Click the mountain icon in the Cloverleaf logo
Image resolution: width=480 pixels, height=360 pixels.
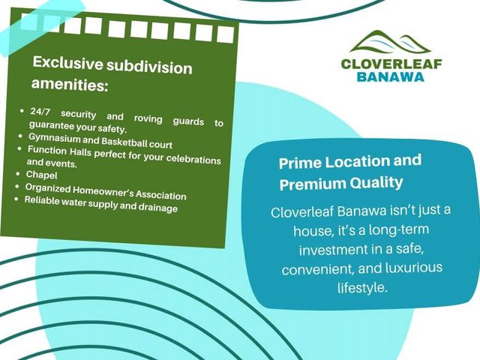click(390, 42)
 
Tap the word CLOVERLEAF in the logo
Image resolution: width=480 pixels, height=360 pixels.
click(391, 64)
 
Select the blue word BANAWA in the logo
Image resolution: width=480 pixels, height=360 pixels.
click(391, 76)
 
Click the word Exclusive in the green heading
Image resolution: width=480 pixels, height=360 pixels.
click(67, 63)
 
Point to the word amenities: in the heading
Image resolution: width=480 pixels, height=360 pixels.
click(70, 84)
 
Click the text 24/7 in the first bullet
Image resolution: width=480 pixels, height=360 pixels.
click(40, 112)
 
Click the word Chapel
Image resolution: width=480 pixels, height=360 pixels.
click(42, 175)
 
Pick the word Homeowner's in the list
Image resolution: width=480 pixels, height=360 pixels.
click(103, 191)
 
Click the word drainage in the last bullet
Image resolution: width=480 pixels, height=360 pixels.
click(158, 208)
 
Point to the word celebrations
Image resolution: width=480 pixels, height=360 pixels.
click(193, 160)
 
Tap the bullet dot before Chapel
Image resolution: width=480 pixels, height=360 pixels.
click(18, 174)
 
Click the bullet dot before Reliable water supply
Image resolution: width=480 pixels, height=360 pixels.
click(16, 199)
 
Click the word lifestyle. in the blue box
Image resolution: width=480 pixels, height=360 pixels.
click(362, 287)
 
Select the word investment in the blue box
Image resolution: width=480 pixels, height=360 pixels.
click(333, 250)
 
